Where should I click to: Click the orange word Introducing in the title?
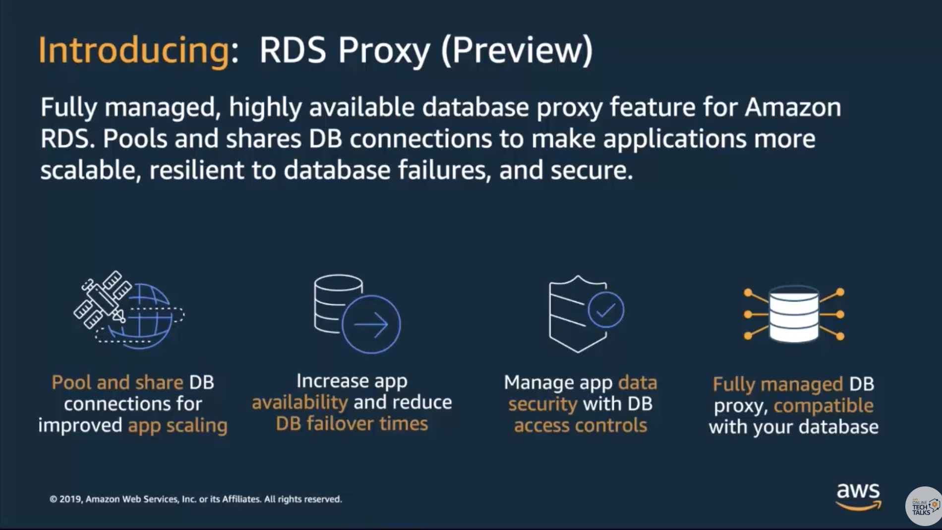[134, 51]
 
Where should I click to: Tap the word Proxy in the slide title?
[384, 51]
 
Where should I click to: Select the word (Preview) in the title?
[517, 51]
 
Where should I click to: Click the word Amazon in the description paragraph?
[793, 107]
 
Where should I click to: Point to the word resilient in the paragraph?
[196, 170]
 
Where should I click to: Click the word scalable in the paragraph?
[88, 170]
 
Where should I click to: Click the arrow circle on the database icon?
[371, 324]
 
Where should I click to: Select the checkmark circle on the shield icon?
[605, 310]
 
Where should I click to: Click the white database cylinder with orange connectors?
[794, 314]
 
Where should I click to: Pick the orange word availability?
[300, 403]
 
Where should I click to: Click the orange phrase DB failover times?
[352, 424]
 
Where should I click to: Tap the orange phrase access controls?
[581, 425]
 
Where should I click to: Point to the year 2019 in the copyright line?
[70, 499]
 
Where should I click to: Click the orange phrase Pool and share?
[118, 382]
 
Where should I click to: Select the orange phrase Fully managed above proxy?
[777, 384]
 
